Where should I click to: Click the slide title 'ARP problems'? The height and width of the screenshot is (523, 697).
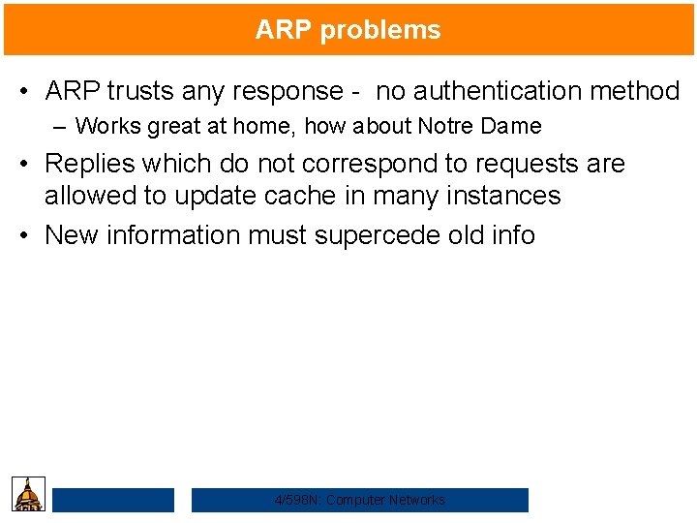348,30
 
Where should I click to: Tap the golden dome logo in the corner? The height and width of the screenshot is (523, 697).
29,493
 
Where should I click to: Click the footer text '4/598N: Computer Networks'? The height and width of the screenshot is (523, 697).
360,500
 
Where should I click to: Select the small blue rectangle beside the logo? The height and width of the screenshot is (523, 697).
113,500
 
